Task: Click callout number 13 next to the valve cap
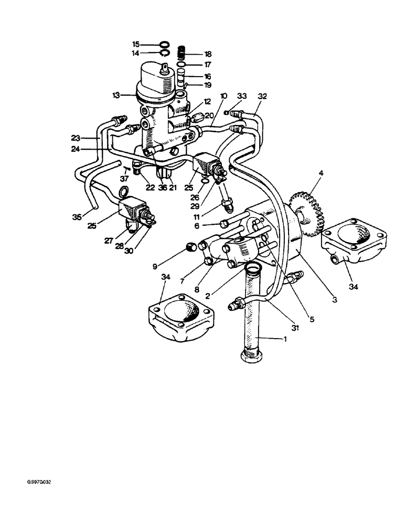pos(116,95)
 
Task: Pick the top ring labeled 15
pos(164,44)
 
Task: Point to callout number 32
pos(263,97)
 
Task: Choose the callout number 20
pos(209,116)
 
